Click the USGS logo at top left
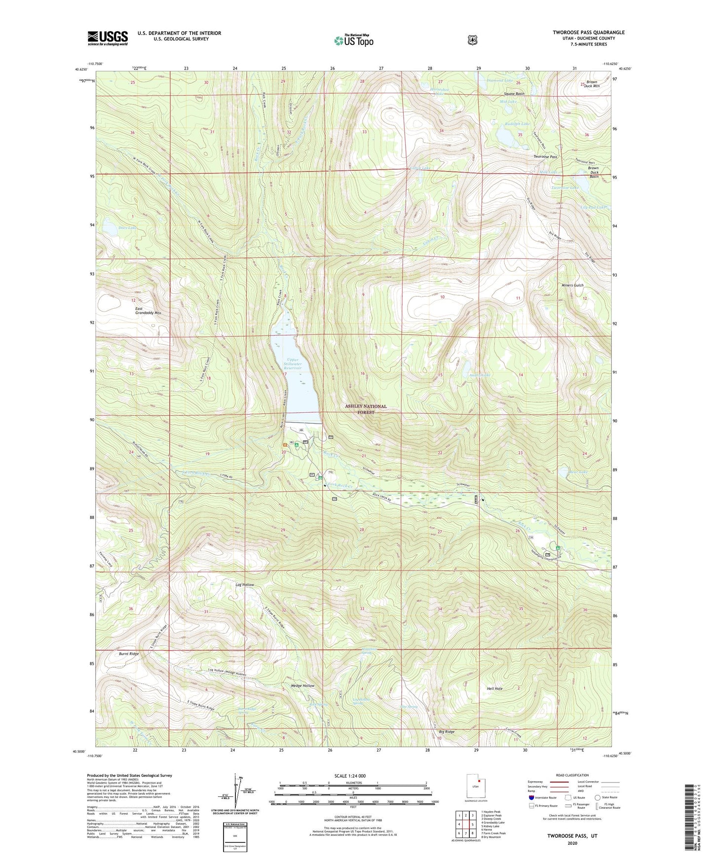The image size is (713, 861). [108, 38]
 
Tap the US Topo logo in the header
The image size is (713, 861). [353, 40]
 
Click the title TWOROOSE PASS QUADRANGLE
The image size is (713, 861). [588, 33]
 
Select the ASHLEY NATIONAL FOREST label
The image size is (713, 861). [366, 409]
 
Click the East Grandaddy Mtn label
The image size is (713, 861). [148, 311]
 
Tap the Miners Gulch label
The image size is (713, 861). [572, 286]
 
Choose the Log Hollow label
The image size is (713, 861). [245, 585]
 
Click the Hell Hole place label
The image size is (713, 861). [494, 688]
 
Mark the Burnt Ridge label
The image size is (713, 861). [129, 654]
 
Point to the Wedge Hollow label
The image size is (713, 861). [302, 686]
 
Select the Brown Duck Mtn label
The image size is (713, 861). [592, 84]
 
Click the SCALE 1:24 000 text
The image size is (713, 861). [350, 776]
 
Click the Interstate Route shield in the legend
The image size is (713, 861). [531, 797]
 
